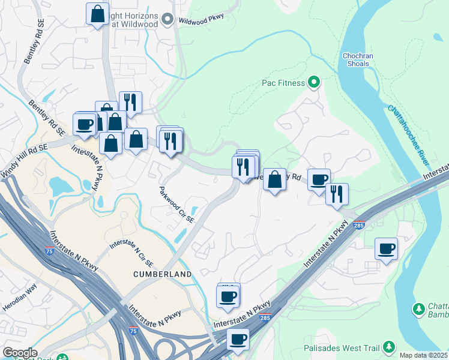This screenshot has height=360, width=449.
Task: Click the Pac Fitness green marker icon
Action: click(x=313, y=82)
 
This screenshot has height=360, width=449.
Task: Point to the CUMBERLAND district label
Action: click(x=163, y=274)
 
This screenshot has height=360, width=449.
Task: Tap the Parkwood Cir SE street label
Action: click(x=177, y=204)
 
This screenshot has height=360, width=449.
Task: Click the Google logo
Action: click(x=20, y=353)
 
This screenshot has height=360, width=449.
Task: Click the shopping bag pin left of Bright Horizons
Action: click(x=97, y=14)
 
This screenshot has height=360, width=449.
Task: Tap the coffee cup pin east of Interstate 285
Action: click(x=386, y=248)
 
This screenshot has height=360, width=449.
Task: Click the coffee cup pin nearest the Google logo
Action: click(x=238, y=339)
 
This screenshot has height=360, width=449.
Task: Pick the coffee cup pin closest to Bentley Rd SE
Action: click(x=84, y=124)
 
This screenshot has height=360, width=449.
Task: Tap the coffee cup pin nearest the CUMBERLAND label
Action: click(x=228, y=296)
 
